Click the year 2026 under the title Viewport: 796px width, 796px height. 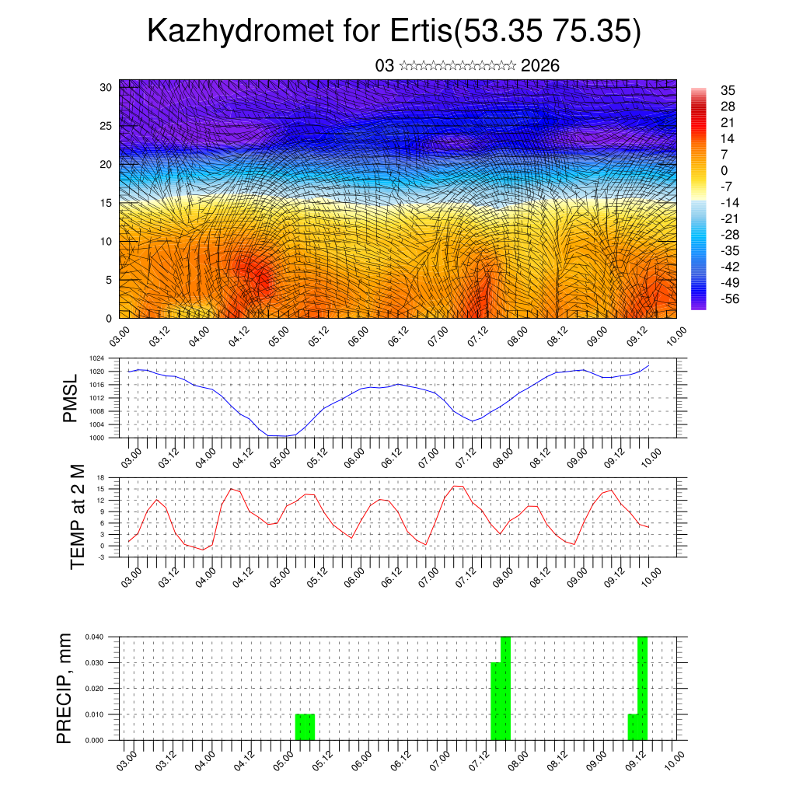point(540,65)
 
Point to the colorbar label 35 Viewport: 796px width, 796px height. point(728,89)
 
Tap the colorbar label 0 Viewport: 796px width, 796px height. point(724,170)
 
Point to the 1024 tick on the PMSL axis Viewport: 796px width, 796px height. point(96,359)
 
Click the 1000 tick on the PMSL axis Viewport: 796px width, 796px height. point(96,438)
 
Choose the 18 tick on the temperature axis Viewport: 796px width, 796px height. point(100,477)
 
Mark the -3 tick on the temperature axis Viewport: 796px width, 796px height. point(100,557)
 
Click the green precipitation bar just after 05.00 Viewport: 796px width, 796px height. point(305,727)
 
